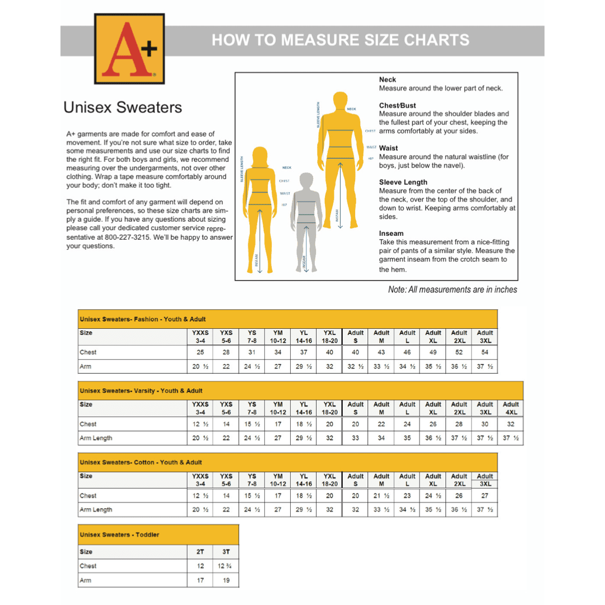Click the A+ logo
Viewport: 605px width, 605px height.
click(129, 48)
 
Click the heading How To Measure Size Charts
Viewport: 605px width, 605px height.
click(341, 40)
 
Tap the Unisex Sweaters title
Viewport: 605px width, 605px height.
click(123, 108)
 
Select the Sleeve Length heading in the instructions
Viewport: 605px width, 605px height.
click(403, 182)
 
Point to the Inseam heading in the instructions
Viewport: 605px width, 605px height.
click(391, 233)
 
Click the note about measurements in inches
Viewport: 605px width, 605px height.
click(452, 290)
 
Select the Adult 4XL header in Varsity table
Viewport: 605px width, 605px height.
click(510, 408)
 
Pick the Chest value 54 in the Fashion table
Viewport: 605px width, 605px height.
click(485, 352)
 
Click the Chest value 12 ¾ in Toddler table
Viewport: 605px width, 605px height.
click(226, 566)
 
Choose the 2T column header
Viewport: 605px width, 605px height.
click(201, 551)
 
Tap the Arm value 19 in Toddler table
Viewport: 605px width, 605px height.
click(226, 580)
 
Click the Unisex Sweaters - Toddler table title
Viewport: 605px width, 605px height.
click(119, 534)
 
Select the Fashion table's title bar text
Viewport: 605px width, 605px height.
click(143, 319)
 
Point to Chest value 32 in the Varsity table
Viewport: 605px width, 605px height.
click(510, 424)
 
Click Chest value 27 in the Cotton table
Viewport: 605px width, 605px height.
click(485, 496)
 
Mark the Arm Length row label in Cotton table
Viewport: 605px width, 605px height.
click(96, 510)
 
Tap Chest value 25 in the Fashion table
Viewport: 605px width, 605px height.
click(201, 352)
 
